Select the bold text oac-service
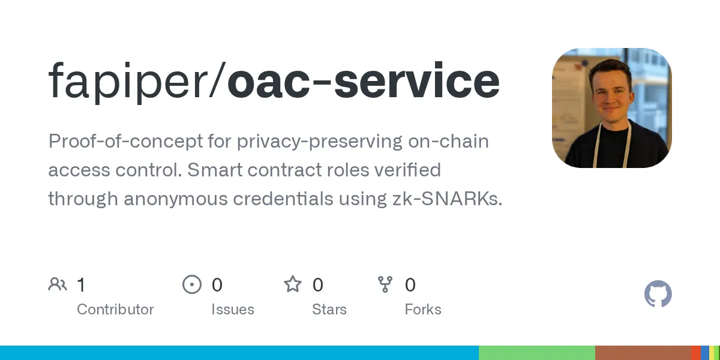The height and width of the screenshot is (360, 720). [x=364, y=81]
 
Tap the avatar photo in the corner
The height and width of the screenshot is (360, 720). [x=611, y=108]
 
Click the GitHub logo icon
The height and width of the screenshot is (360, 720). [x=658, y=295]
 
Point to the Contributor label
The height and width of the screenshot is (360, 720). [x=115, y=310]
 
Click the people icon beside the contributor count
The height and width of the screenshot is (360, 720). [x=58, y=284]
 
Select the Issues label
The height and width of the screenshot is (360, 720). [x=232, y=310]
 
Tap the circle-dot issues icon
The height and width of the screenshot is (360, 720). [x=191, y=284]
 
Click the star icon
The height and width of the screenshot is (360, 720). [x=293, y=284]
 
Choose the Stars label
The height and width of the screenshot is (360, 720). [x=329, y=310]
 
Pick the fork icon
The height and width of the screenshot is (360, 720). [x=385, y=284]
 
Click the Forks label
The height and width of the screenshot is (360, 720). [x=423, y=310]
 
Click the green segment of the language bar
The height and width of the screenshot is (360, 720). [x=536, y=353]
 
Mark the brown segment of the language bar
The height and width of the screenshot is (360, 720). [x=643, y=353]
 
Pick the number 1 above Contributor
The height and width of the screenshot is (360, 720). [x=81, y=284]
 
